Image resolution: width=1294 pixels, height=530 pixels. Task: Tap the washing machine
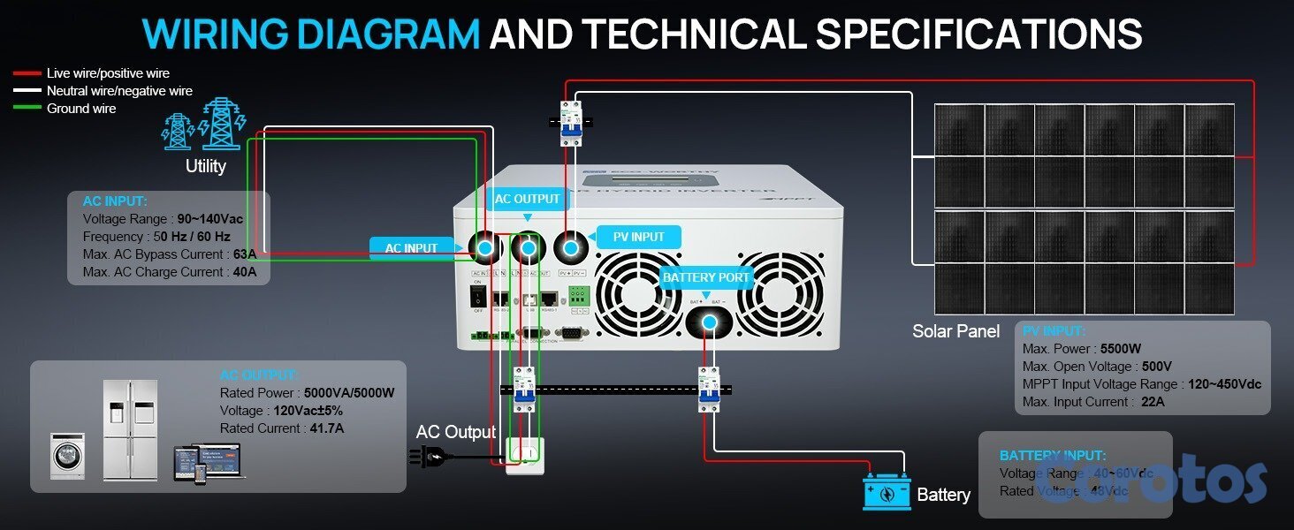[x=67, y=456]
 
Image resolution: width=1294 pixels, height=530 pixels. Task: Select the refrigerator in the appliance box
[x=130, y=430]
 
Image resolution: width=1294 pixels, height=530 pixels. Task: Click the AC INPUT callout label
[x=411, y=248]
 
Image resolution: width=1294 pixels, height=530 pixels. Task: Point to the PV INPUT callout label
[x=638, y=237]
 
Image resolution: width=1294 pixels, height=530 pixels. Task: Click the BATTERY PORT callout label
[x=706, y=277]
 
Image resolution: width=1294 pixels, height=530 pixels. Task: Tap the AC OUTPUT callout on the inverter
[x=527, y=199]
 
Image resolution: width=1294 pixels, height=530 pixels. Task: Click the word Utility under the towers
[x=205, y=166]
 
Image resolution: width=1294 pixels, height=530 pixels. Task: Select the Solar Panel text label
[x=955, y=331]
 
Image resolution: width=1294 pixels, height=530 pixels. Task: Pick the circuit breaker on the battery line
[x=709, y=389]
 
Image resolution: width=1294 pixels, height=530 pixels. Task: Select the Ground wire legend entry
[x=81, y=109]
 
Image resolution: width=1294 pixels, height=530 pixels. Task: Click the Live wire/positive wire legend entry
[x=108, y=73]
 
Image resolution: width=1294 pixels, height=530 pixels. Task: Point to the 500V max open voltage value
[x=1156, y=367]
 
